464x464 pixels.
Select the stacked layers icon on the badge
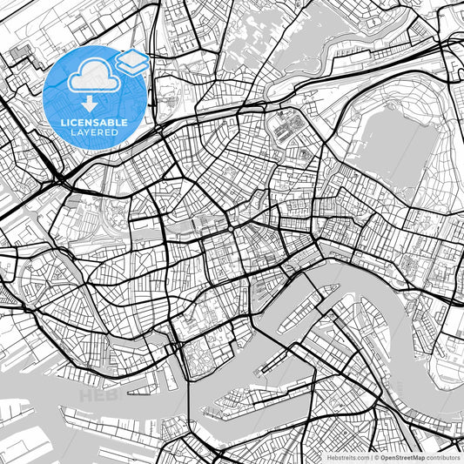point(131,61)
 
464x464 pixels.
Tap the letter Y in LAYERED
point(88,132)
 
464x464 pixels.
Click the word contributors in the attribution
point(444,456)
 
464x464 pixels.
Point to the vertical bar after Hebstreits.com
point(371,456)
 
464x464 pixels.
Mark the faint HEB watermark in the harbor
point(96,396)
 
